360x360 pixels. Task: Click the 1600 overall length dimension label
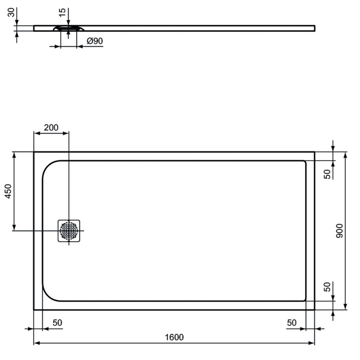coord(174,337)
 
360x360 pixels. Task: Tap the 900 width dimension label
coord(339,231)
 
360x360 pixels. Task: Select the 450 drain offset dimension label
coord(8,191)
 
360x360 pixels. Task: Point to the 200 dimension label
coord(51,128)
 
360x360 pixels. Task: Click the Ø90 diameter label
coord(95,41)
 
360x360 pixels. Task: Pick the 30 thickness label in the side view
coord(11,12)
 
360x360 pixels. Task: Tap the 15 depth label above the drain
coord(62,12)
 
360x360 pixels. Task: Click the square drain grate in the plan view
coord(69,231)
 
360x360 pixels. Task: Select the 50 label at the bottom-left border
coord(58,323)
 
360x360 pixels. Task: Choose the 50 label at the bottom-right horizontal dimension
coord(292,323)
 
